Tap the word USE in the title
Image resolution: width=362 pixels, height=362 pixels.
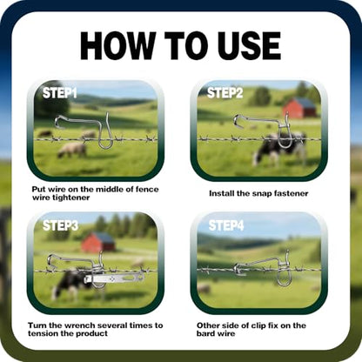coord(250,45)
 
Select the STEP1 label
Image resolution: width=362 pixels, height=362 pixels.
coord(60,93)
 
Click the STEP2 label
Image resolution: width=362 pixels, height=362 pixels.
coord(225,93)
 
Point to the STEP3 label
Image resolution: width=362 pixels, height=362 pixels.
coord(60,225)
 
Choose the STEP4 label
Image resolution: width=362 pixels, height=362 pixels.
coord(226,225)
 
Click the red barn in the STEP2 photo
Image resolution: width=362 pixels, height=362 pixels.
coord(299,108)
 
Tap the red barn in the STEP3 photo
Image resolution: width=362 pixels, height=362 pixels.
coord(98,242)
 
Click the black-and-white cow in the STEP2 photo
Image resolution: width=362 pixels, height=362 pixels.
coord(278,149)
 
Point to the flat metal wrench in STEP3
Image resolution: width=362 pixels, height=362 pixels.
coord(114,279)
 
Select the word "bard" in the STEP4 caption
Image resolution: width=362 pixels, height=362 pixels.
coord(205,333)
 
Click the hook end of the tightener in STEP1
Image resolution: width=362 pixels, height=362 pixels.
coord(60,121)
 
